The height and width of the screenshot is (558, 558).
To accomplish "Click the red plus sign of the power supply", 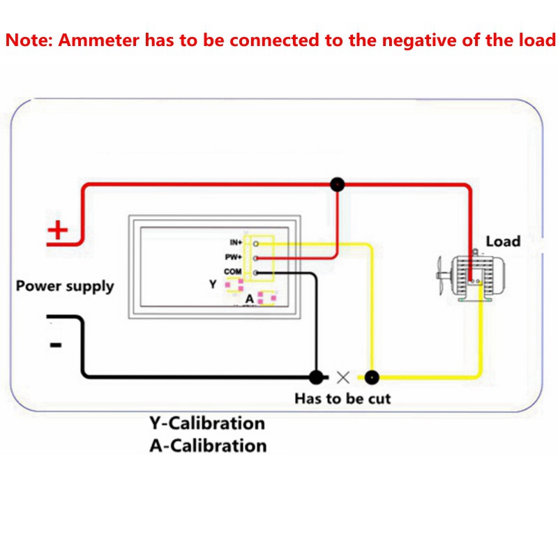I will pyautogui.click(x=58, y=230).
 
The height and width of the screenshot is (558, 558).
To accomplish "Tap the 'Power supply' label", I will pyautogui.click(x=65, y=286).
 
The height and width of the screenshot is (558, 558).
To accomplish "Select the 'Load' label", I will pyautogui.click(x=503, y=241).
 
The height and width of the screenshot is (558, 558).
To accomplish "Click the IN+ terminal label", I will pyautogui.click(x=235, y=243).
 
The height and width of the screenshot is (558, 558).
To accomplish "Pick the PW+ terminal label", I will pyautogui.click(x=234, y=257).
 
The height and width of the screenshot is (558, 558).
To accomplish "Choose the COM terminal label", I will pyautogui.click(x=233, y=271).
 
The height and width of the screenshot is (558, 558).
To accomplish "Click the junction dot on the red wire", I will pyautogui.click(x=338, y=184).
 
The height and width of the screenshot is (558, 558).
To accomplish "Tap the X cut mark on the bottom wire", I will pyautogui.click(x=342, y=377).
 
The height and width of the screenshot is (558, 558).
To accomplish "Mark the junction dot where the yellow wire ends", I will pyautogui.click(x=372, y=377).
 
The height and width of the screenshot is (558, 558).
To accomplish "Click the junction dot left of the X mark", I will pyautogui.click(x=317, y=377).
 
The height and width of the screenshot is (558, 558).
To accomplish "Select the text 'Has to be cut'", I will pyautogui.click(x=342, y=399).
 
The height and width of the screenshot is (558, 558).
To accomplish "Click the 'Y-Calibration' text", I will pyautogui.click(x=206, y=423).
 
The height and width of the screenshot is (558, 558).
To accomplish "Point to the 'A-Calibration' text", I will pyautogui.click(x=208, y=445).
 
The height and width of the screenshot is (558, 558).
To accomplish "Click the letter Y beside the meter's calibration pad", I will pyautogui.click(x=213, y=285).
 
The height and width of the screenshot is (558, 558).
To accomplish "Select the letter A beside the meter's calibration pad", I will pyautogui.click(x=249, y=299).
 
